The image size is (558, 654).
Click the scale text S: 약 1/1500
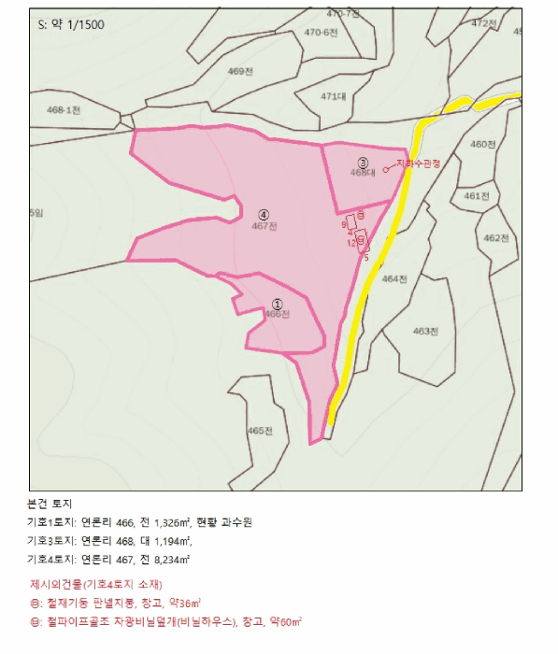click(x=72, y=24)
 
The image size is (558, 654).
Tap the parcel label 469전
click(x=240, y=72)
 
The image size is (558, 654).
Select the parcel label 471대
click(x=333, y=96)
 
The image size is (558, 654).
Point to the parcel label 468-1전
click(x=64, y=109)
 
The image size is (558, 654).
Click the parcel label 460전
click(x=482, y=144)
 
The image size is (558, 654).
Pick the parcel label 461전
click(x=477, y=196)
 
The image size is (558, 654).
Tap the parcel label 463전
click(x=426, y=331)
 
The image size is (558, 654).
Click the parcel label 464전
click(x=396, y=278)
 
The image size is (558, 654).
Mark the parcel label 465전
click(x=260, y=431)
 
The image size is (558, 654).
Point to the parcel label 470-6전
click(x=321, y=32)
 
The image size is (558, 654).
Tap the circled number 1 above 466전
click(x=277, y=303)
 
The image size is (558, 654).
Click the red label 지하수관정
click(x=418, y=163)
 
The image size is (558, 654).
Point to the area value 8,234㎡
click(x=170, y=559)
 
